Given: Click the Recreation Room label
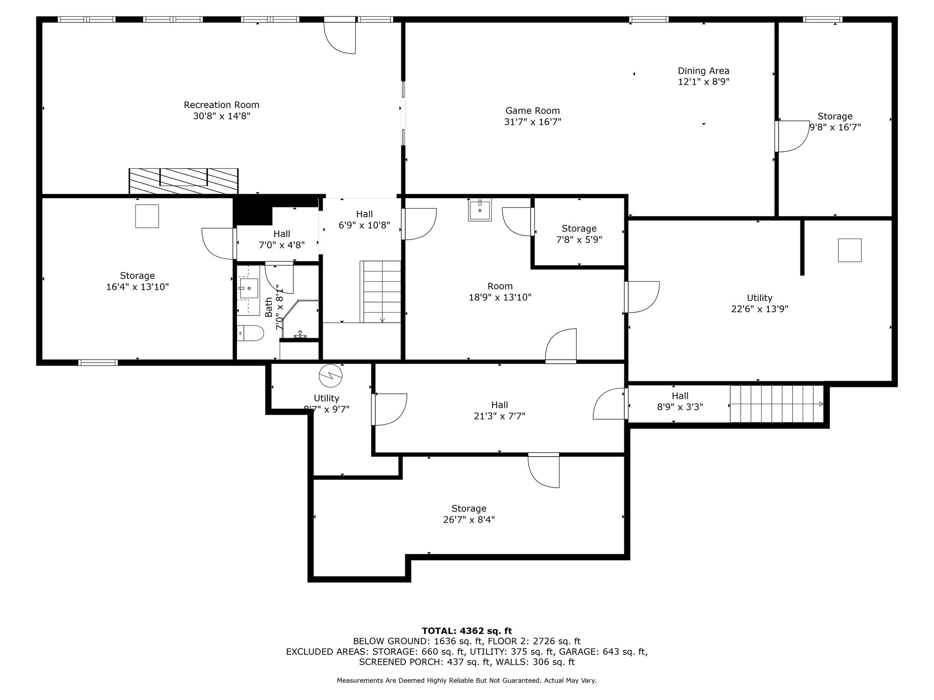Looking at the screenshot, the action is pyautogui.click(x=222, y=105).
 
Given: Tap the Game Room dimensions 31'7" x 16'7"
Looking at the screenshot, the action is pyautogui.click(x=533, y=122).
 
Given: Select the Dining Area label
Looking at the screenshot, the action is pyautogui.click(x=704, y=71).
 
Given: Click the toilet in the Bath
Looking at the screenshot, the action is pyautogui.click(x=250, y=333).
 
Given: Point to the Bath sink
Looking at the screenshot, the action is pyautogui.click(x=249, y=288).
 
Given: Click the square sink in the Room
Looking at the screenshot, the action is pyautogui.click(x=480, y=210).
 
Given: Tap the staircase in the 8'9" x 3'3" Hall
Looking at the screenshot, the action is pyautogui.click(x=777, y=404).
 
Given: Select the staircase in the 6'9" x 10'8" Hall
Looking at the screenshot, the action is pyautogui.click(x=380, y=292).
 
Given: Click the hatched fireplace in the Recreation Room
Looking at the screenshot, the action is pyautogui.click(x=183, y=181).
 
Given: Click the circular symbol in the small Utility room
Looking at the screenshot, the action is pyautogui.click(x=331, y=375).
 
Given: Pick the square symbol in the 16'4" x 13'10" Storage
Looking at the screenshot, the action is pyautogui.click(x=147, y=216).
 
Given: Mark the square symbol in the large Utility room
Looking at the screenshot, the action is pyautogui.click(x=850, y=250).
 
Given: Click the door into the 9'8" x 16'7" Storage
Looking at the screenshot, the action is pyautogui.click(x=792, y=136).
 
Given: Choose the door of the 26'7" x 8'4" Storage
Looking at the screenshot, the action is pyautogui.click(x=544, y=470).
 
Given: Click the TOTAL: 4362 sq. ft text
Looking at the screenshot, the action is pyautogui.click(x=467, y=631).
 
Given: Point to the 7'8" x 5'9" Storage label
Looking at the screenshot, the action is pyautogui.click(x=579, y=234).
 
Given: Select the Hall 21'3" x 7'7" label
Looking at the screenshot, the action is pyautogui.click(x=500, y=410).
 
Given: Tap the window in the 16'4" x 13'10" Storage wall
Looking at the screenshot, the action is pyautogui.click(x=98, y=363).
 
